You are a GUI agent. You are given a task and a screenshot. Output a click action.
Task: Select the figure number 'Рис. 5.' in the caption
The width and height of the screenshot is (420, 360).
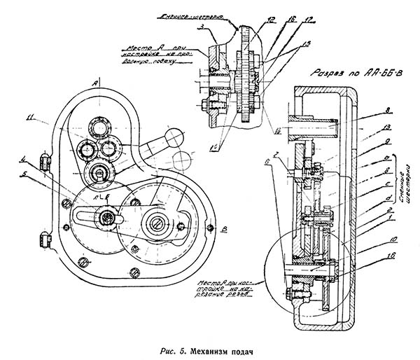point(167,349)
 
